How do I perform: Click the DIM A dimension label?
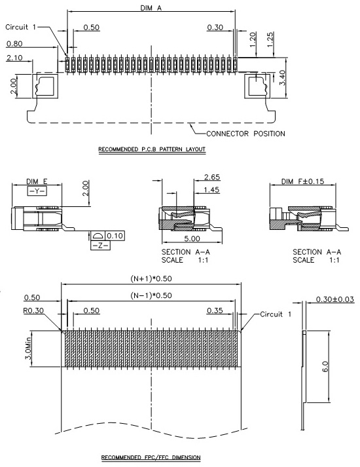tap(151, 8)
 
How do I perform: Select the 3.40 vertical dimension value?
tap(282, 77)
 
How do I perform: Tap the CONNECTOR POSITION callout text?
tap(245, 134)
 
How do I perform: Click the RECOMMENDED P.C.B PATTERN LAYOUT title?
tap(152, 149)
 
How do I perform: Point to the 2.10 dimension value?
tap(14, 58)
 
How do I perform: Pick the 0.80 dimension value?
tap(14, 44)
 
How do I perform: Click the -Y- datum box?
tap(37, 191)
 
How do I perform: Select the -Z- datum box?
tap(100, 246)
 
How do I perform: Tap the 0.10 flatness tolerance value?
tap(115, 236)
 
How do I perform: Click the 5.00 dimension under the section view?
tap(192, 238)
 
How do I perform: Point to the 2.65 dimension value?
tap(212, 177)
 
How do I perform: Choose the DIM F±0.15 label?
tap(302, 181)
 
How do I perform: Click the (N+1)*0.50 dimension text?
tap(151, 278)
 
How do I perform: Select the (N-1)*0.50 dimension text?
tap(151, 295)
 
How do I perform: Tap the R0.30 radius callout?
tap(33, 310)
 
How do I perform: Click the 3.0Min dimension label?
tap(28, 348)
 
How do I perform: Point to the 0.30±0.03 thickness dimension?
tap(335, 299)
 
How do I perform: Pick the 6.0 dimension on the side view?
tap(325, 366)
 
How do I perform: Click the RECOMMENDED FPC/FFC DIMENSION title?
tap(151, 457)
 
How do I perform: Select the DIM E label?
tap(37, 181)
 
